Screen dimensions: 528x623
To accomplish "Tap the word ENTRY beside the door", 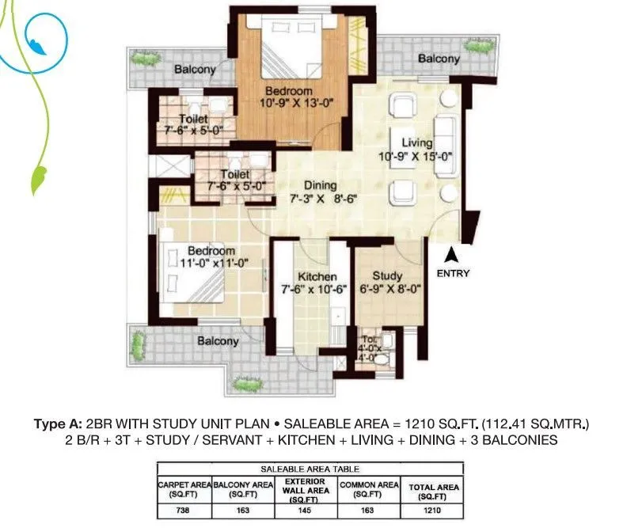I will [x=452, y=274].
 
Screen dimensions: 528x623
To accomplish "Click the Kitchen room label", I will [x=317, y=277].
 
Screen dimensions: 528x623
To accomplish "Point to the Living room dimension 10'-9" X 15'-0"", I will [x=416, y=157].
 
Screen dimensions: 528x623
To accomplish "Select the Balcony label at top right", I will [x=438, y=59].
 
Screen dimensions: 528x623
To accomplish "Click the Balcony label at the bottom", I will [x=218, y=341].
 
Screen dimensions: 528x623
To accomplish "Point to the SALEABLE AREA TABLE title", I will [x=308, y=469].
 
